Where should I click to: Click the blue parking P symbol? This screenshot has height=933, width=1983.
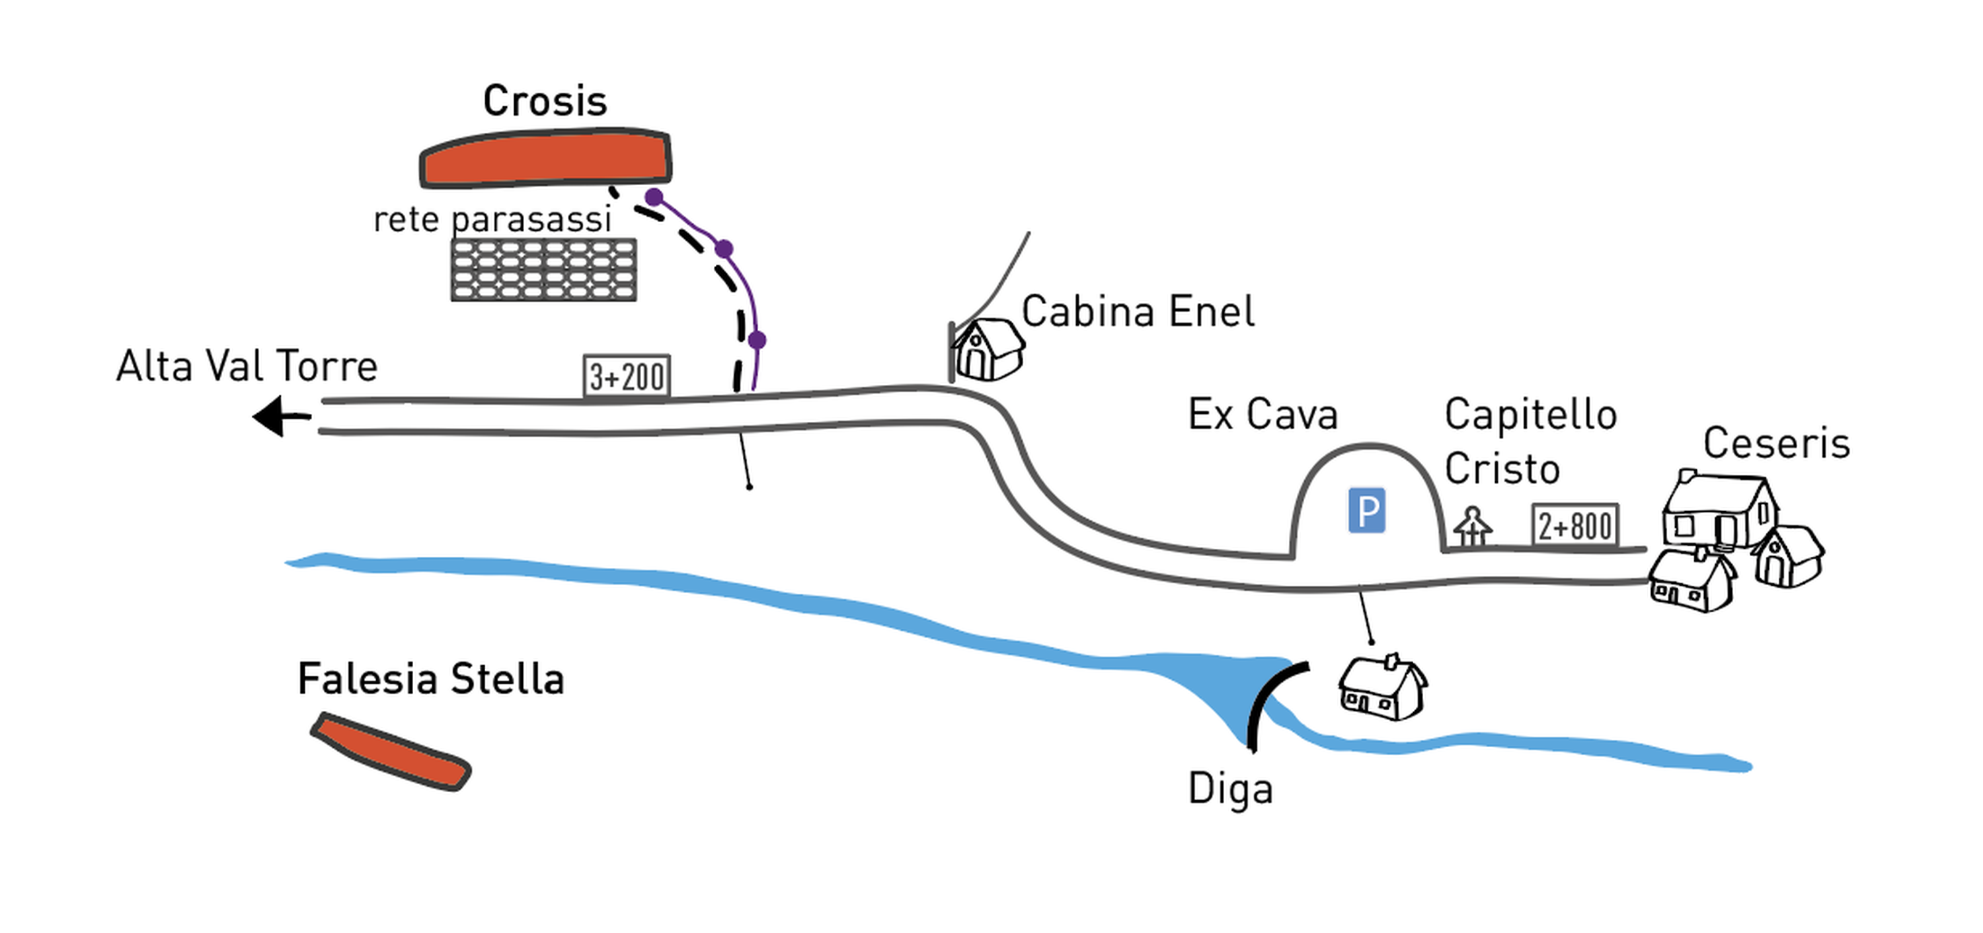(1366, 510)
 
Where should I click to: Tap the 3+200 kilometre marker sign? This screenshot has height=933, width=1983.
(627, 376)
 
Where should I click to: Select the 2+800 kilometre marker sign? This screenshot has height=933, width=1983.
(1575, 526)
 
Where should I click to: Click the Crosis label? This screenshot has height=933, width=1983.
(545, 101)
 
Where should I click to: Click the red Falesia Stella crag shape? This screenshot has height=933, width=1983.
(391, 751)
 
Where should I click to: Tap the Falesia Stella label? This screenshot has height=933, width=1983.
(431, 679)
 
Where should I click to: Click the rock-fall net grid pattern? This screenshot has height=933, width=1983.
(543, 269)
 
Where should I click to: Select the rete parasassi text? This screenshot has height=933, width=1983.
(492, 220)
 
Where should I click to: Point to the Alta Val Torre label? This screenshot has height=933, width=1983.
(247, 366)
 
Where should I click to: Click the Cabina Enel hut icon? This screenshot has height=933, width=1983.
(988, 350)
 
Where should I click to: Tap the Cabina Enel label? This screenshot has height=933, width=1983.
(1138, 311)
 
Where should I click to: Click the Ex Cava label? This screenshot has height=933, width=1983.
(1263, 415)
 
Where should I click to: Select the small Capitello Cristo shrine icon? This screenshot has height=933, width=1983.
(1473, 526)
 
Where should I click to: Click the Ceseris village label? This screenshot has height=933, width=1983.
(1776, 444)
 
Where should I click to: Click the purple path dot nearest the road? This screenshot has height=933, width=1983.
(757, 339)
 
